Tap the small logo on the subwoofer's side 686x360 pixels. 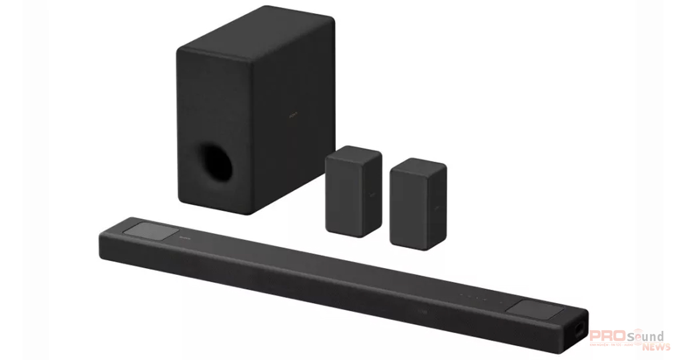tap(293, 115)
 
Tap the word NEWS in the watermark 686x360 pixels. tap(651, 347)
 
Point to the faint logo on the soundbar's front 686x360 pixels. tap(422, 312)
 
